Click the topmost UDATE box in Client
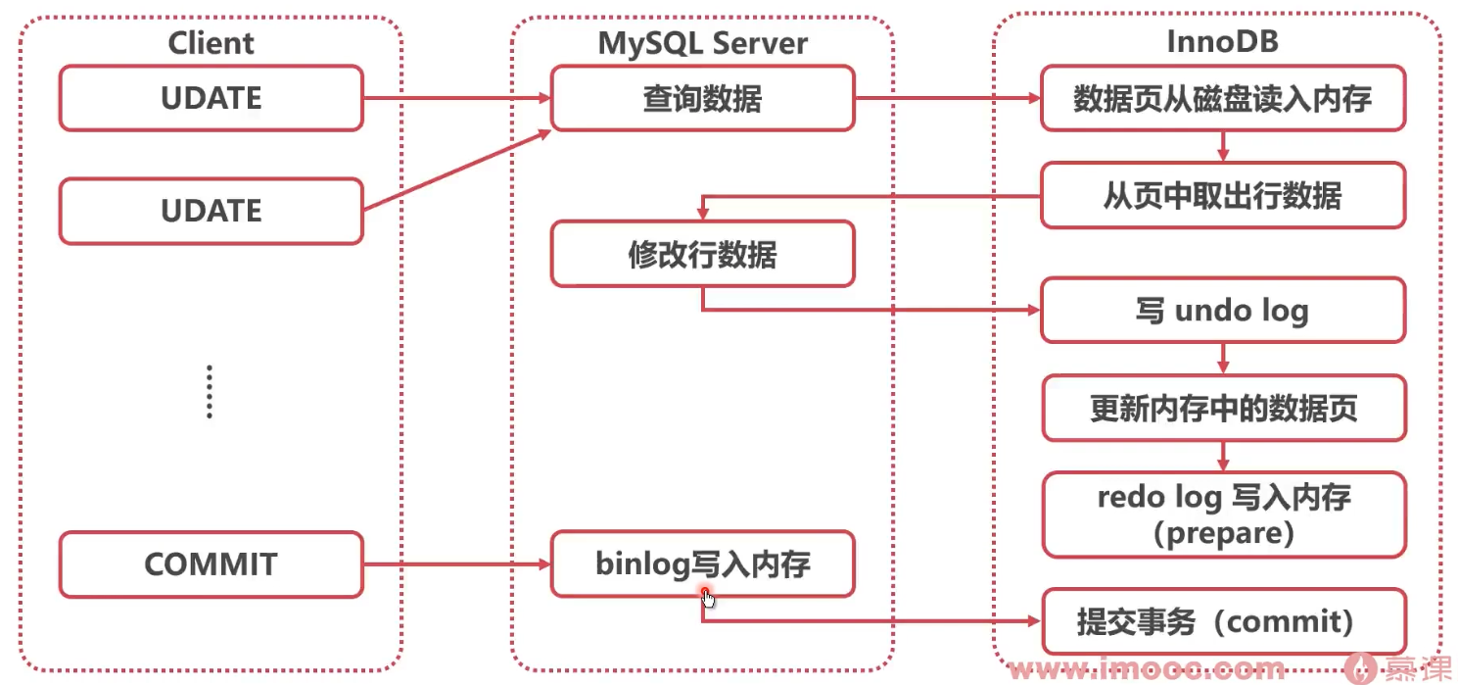[211, 98]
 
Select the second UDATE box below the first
[211, 211]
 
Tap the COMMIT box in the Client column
[211, 564]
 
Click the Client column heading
[211, 43]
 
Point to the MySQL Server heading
[702, 43]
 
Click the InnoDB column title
[1222, 43]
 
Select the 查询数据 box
[702, 98]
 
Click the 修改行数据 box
[702, 254]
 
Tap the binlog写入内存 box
[702, 564]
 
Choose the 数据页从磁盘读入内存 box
[1222, 98]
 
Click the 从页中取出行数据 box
[1222, 196]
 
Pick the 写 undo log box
[1222, 311]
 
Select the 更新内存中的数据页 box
[1222, 408]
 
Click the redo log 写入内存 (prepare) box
[1222, 514]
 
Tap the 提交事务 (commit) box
[1222, 621]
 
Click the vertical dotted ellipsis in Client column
[210, 392]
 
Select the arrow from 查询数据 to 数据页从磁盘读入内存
[945, 98]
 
